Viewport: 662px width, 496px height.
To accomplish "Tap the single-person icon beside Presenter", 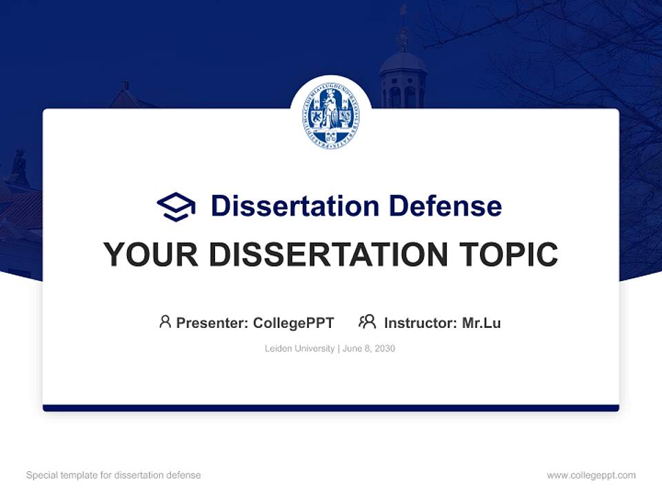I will (165, 322).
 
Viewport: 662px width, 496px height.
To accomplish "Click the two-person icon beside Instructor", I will (368, 322).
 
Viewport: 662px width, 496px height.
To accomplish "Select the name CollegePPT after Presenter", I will (294, 323).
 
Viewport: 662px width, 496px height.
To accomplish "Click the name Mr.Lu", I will (481, 323).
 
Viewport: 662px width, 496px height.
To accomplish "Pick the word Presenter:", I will (212, 323).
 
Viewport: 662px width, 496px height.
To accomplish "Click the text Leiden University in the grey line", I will (300, 349).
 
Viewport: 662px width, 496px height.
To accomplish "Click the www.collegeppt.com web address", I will (591, 475).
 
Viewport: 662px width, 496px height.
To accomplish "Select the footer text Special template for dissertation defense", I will (114, 475).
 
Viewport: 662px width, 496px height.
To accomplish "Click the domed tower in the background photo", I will (403, 76).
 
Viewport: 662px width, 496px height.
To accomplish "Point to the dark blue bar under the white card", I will (331, 408).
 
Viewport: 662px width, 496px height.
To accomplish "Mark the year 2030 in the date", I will (385, 349).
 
